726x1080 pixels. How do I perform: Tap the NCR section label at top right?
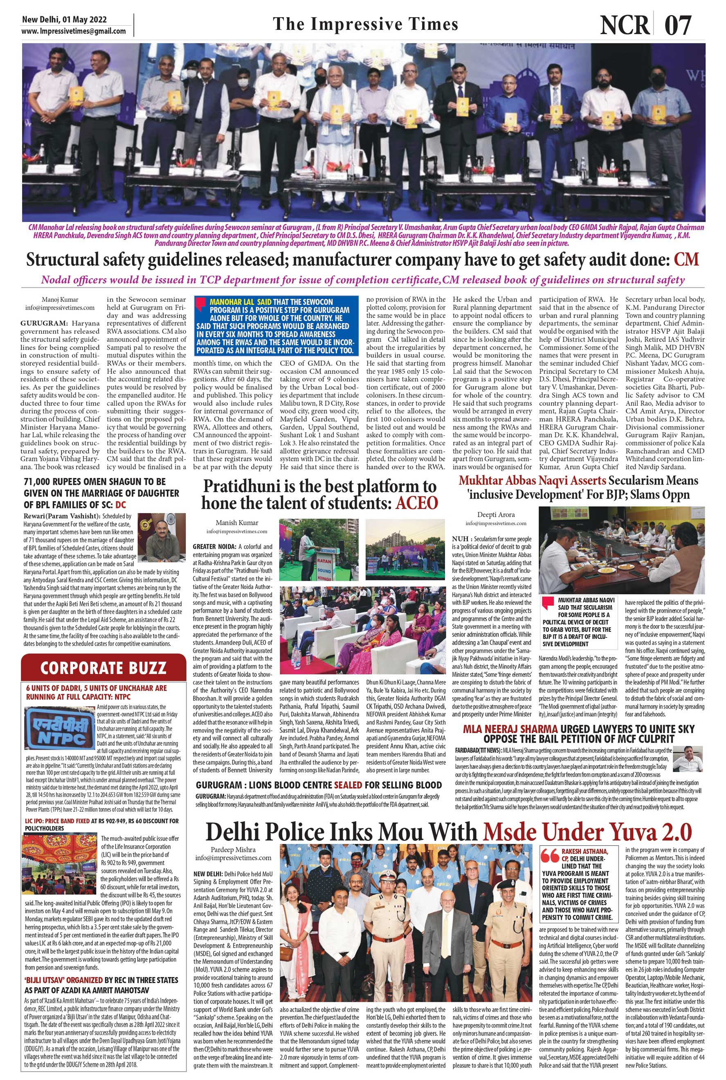coord(625,25)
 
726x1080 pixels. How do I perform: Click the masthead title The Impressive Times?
coord(365,24)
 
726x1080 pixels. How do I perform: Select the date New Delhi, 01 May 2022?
coord(64,20)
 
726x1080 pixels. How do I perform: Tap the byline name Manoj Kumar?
coord(60,299)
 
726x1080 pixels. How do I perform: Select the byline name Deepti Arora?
coord(496,514)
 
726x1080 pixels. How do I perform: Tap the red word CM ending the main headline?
coord(686,260)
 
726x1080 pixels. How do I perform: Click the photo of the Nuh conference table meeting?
coord(622,550)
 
